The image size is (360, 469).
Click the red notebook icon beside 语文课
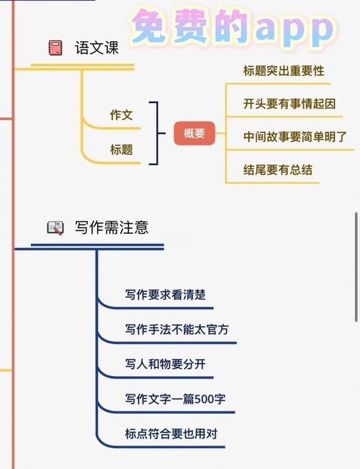pyautogui.click(x=55, y=48)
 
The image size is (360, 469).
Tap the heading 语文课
pyautogui.click(x=96, y=48)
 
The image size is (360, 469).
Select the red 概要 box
pyautogui.click(x=194, y=133)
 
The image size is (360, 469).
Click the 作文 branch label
pyautogui.click(x=121, y=115)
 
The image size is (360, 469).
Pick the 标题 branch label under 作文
pyautogui.click(x=121, y=149)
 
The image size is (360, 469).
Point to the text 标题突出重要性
pyautogui.click(x=284, y=71)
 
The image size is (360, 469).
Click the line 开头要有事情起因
pyautogui.click(x=289, y=104)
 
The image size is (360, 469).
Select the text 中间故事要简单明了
pyautogui.click(x=295, y=137)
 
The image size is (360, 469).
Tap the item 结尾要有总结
pyautogui.click(x=278, y=170)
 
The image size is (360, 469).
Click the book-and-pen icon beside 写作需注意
pyautogui.click(x=55, y=228)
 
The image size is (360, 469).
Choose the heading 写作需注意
pyautogui.click(x=112, y=227)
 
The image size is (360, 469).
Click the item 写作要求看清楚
pyautogui.click(x=166, y=295)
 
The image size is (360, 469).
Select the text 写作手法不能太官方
pyautogui.click(x=176, y=329)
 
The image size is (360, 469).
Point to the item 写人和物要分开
pyautogui.click(x=166, y=364)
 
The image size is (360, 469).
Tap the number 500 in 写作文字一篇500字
pyautogui.click(x=204, y=399)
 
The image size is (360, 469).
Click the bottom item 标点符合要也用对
pyautogui.click(x=171, y=434)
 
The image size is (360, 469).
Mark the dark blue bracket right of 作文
pyautogui.click(x=157, y=133)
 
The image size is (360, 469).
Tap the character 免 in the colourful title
pyautogui.click(x=150, y=27)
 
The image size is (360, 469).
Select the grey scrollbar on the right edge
pyautogui.click(x=356, y=267)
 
